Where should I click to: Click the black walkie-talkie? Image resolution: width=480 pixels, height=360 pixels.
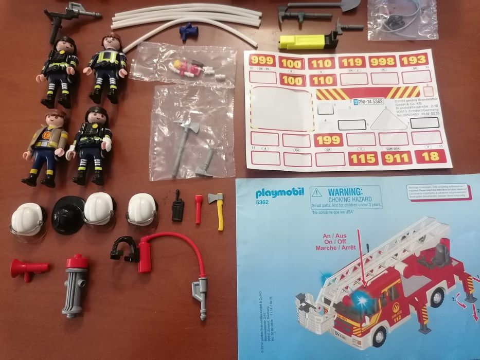(177, 206)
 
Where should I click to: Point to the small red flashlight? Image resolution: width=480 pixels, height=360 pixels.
(199, 208)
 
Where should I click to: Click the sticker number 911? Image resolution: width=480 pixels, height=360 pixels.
(396, 158)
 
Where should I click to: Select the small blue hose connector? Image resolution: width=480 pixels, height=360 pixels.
(188, 31)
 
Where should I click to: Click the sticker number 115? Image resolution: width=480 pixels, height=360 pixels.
(363, 158)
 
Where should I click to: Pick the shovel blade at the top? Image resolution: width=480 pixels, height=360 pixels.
(348, 5)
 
